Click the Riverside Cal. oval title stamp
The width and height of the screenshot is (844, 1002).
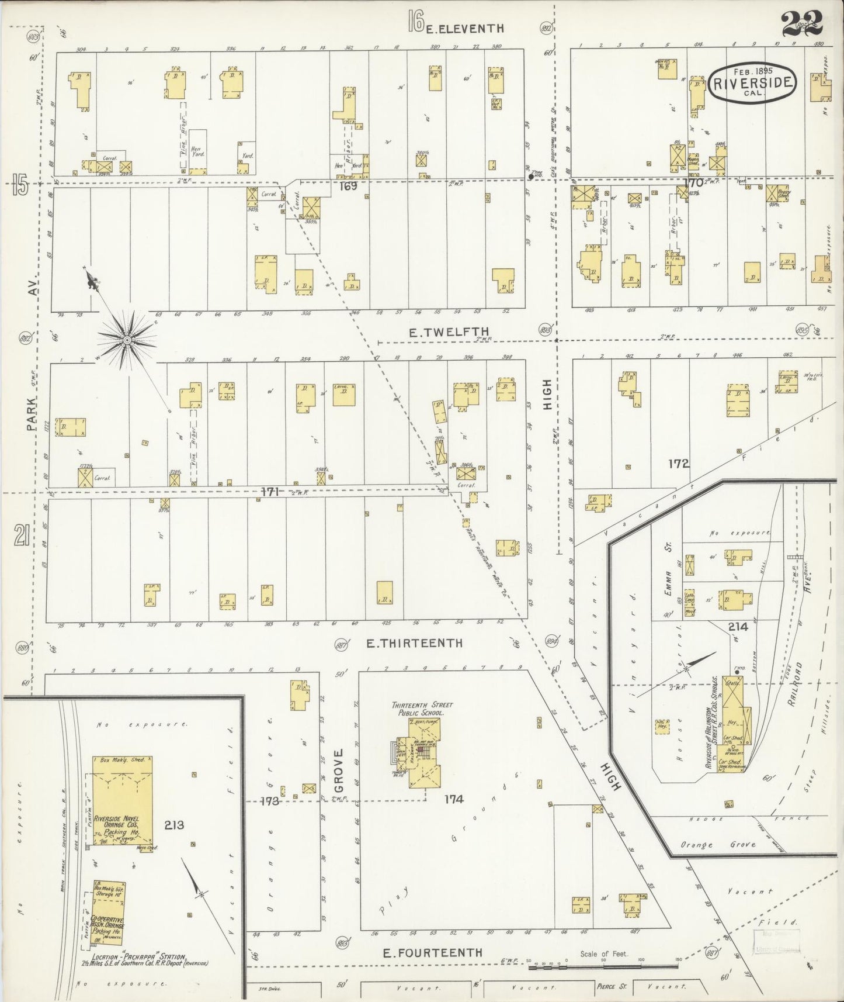(753, 82)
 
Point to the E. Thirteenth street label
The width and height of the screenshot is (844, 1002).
(414, 643)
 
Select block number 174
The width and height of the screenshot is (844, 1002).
(454, 799)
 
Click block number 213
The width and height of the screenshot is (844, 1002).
(174, 825)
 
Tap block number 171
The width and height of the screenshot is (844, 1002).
(269, 492)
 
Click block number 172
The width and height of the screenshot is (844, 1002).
(679, 464)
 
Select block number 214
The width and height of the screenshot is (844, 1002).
(738, 627)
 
